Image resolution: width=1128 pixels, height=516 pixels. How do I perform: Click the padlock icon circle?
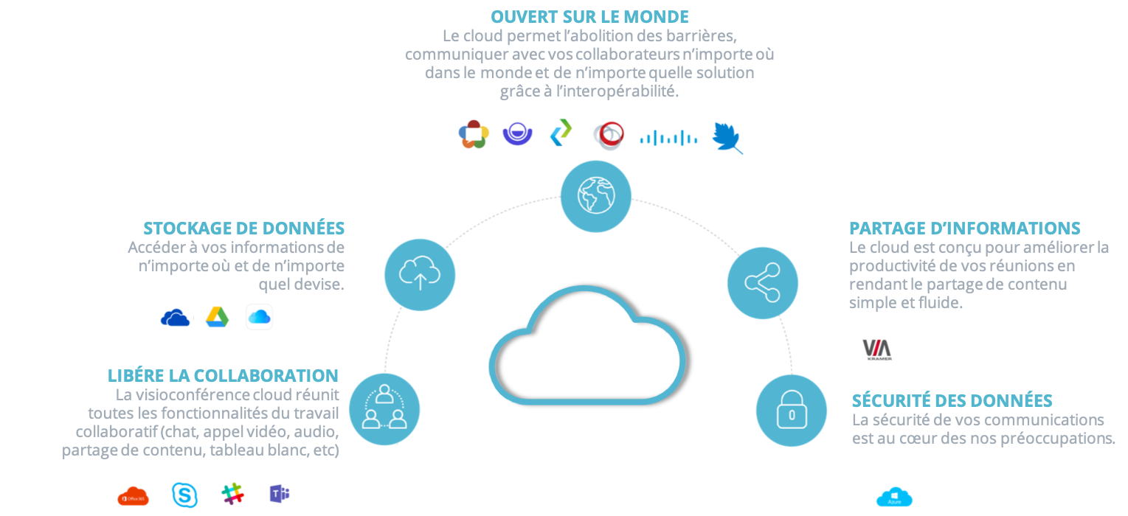tap(791, 411)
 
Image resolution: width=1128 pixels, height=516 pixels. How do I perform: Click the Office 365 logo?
tap(133, 496)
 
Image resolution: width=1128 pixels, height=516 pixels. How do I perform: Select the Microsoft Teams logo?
tap(280, 493)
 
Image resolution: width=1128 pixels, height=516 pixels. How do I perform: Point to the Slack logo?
tap(232, 494)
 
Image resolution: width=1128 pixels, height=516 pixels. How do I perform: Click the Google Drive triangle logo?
tap(217, 316)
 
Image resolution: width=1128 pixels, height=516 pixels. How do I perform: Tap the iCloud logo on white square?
tap(259, 316)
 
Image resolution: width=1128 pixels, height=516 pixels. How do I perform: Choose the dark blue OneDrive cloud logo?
tap(176, 317)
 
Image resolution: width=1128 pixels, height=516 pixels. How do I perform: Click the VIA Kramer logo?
tap(877, 349)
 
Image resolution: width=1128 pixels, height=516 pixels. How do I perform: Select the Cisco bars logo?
tap(668, 136)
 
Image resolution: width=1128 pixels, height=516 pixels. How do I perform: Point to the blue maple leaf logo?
tap(727, 137)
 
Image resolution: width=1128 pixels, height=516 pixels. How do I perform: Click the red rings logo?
tap(609, 136)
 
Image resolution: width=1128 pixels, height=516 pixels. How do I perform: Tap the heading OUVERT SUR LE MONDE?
tap(589, 16)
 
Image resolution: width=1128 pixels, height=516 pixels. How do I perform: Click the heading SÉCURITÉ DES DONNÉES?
tap(952, 401)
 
